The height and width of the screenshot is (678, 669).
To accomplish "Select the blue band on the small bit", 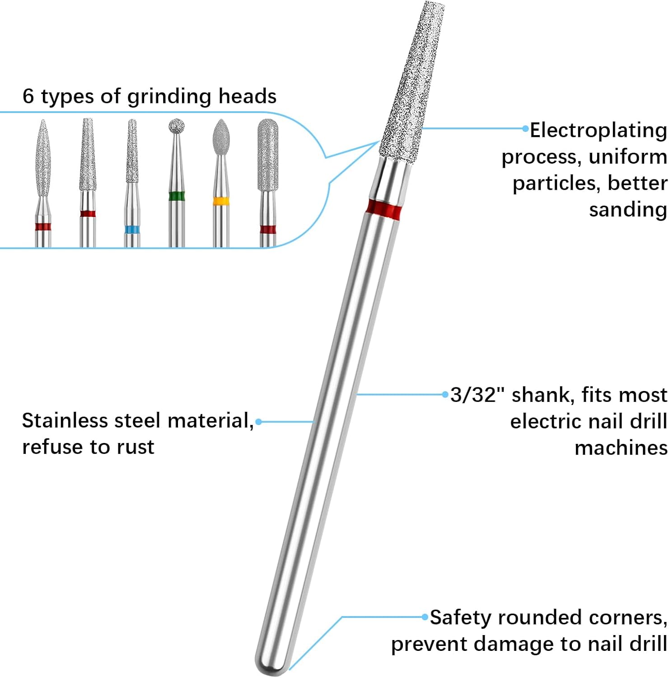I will pos(132,229).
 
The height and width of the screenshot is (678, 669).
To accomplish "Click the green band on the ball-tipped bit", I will pos(176,196).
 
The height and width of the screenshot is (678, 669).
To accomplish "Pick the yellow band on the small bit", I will pos(220,200).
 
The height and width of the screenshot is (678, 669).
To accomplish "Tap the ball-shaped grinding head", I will pos(176,126).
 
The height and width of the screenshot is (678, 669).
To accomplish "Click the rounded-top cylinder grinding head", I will pos(267,154).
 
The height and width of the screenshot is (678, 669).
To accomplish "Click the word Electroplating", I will pos(598,131).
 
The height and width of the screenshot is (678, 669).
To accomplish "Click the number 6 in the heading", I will pos(28,96).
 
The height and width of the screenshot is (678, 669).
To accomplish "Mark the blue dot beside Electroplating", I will pos(525,129).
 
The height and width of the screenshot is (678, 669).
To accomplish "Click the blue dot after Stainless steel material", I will pos(258,422).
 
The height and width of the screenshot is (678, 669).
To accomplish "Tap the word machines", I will pos(621,448).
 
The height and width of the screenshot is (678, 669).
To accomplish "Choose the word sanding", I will pos(627,210).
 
